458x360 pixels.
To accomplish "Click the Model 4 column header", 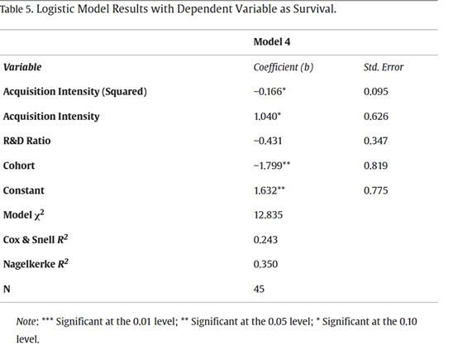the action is (x=272, y=42).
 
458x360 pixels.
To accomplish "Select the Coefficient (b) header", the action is (x=284, y=67).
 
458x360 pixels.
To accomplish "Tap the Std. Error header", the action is (x=384, y=67).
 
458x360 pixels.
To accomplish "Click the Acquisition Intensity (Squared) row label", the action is (x=75, y=92).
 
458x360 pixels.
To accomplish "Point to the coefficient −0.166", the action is (x=270, y=92).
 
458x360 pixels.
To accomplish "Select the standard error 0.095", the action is (x=376, y=92).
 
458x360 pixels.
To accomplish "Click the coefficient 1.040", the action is (x=267, y=117).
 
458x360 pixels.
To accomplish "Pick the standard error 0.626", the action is (x=376, y=117).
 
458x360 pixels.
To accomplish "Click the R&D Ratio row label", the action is (x=27, y=141).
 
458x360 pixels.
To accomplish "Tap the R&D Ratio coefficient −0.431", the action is (x=268, y=142).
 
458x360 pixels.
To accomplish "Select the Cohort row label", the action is (x=19, y=166).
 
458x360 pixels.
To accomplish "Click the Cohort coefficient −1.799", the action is (x=272, y=166).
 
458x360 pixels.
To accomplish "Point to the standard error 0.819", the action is (x=375, y=166).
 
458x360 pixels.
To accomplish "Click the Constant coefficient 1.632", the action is (x=269, y=190).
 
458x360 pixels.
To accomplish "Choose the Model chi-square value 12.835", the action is (x=268, y=215).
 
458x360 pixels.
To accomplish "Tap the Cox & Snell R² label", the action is (x=36, y=239).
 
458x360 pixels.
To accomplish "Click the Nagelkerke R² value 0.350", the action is (x=265, y=264).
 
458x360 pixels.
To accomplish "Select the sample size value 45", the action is (x=259, y=289).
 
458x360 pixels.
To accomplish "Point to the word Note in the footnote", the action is (x=26, y=322).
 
